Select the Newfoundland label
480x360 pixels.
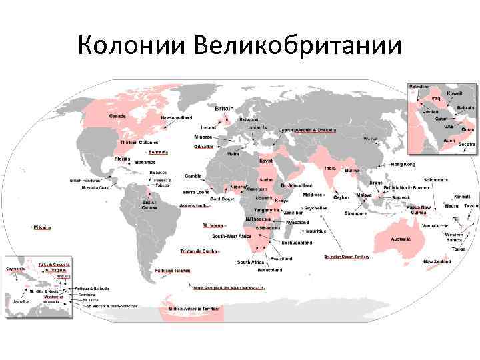pos(176,117)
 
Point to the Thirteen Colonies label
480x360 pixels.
pos(139,143)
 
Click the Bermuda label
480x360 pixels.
pos(157,152)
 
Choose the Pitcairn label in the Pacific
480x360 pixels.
pos(44,227)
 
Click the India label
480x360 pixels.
pos(330,168)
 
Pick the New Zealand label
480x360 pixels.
pos(437,262)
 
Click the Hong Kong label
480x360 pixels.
pos(403,164)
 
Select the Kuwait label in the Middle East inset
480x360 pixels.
pos(455,93)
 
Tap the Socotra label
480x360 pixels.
pos(467,144)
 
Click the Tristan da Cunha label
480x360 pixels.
pos(198,251)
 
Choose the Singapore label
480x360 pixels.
pos(355,213)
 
